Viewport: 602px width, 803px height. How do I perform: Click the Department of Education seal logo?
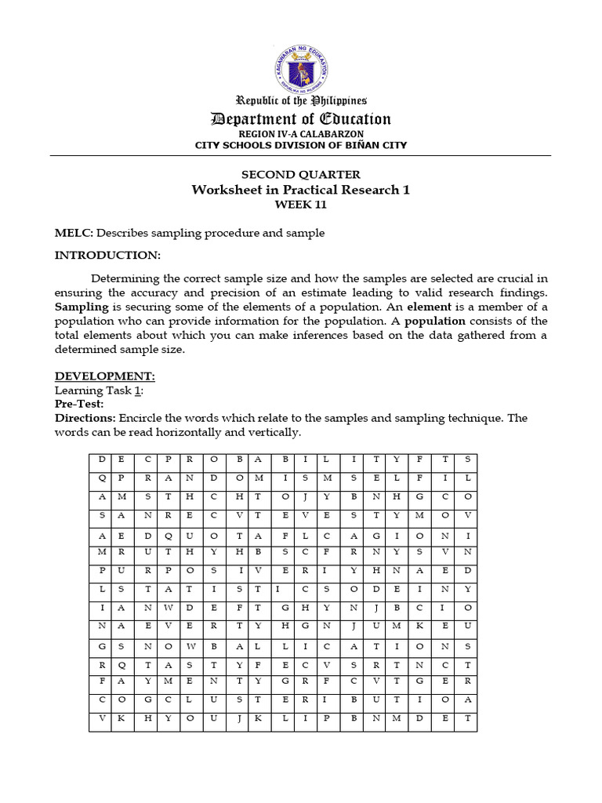(x=301, y=62)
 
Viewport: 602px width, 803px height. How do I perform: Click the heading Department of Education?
(x=301, y=119)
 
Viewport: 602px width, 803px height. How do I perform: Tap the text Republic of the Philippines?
(x=301, y=100)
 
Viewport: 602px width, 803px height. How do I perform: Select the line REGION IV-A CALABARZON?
(x=301, y=134)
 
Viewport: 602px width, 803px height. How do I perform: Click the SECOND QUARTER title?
(x=301, y=175)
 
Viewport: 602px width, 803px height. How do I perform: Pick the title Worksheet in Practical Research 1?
(x=301, y=190)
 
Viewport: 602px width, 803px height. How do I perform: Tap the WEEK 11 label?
(x=301, y=205)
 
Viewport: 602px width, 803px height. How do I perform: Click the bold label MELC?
(x=74, y=233)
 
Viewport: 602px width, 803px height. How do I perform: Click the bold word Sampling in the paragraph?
(x=82, y=307)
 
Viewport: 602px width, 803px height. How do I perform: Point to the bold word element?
(x=430, y=307)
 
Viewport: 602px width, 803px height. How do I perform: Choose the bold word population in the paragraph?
(x=434, y=321)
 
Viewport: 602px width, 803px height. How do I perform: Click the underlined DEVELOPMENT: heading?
(x=104, y=376)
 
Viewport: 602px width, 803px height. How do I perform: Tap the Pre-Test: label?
(x=79, y=404)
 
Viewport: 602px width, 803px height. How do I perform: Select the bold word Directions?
(x=85, y=418)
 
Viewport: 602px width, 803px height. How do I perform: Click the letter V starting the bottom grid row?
(x=100, y=718)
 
